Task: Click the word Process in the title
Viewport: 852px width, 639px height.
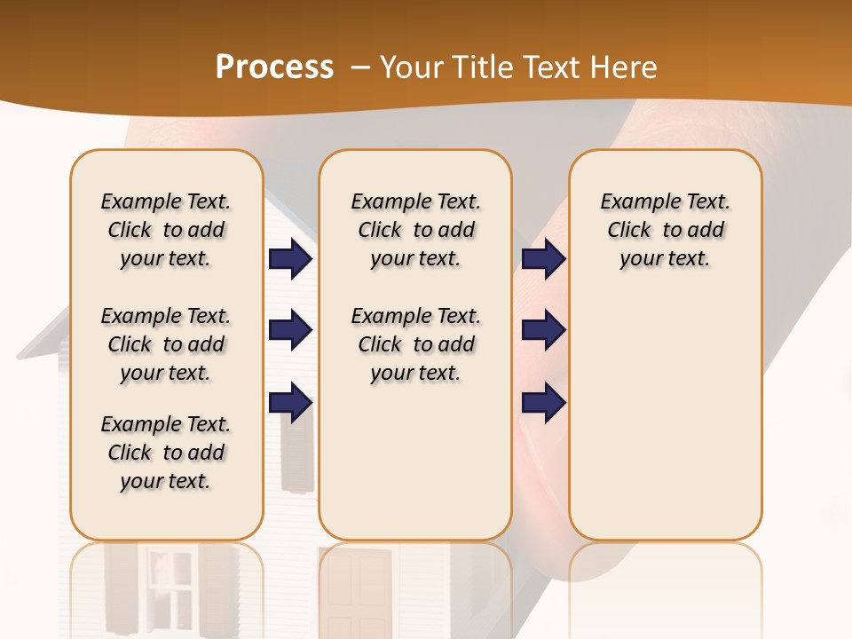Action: click(x=274, y=67)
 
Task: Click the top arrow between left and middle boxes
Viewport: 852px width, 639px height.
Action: click(x=290, y=258)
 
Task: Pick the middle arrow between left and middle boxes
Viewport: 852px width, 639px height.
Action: click(x=290, y=330)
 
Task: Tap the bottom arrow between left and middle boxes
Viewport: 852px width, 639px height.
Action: click(x=290, y=402)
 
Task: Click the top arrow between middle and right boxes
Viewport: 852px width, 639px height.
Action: click(x=543, y=258)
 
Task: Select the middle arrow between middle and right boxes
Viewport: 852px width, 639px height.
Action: click(x=543, y=330)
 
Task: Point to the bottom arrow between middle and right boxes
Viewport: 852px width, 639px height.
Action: click(x=543, y=402)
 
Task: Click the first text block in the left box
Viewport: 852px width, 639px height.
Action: click(x=166, y=230)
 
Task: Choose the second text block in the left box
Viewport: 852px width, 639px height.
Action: click(x=166, y=344)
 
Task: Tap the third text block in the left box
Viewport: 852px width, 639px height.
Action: click(x=166, y=453)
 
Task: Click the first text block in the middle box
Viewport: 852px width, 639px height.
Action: click(x=415, y=230)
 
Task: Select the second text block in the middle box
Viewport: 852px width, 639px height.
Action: click(x=415, y=344)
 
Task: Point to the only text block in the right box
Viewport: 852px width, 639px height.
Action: click(x=665, y=230)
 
